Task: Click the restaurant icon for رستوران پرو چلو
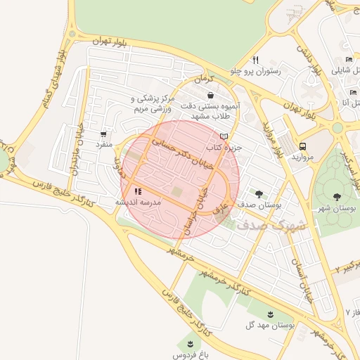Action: (255, 60)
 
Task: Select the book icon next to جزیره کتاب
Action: (224, 136)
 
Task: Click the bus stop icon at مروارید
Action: (302, 146)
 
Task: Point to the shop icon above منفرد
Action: (104, 134)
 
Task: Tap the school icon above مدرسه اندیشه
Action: (138, 191)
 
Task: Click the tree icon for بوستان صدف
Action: (259, 194)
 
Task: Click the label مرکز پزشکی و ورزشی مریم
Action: (151, 104)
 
